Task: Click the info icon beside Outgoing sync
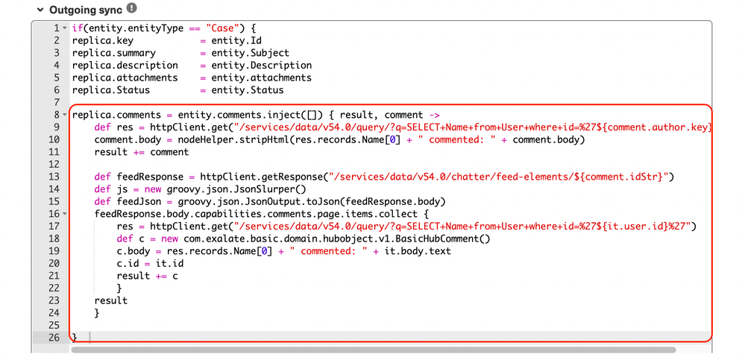click(131, 8)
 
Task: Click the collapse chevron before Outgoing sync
click(40, 10)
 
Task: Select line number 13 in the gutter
click(54, 177)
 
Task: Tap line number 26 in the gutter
click(54, 337)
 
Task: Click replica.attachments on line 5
click(125, 78)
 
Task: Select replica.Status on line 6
click(111, 89)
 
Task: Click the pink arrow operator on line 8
click(434, 115)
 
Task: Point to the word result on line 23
click(111, 300)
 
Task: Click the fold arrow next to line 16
click(65, 214)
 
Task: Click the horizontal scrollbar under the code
click(373, 350)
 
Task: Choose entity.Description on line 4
click(262, 65)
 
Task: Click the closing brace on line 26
click(75, 337)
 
